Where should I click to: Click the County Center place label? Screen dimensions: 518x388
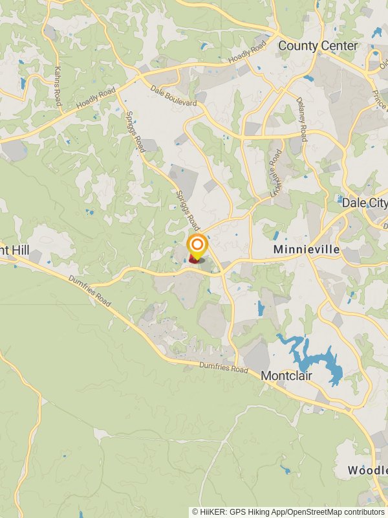pyautogui.click(x=318, y=46)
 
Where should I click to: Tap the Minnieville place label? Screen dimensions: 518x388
pyautogui.click(x=297, y=249)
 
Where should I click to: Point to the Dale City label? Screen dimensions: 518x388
pyautogui.click(x=364, y=203)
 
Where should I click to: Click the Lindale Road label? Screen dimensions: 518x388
pyautogui.click(x=274, y=174)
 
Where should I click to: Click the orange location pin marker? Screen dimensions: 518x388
pyautogui.click(x=197, y=247)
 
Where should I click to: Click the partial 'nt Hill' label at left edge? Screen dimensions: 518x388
pyautogui.click(x=15, y=249)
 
